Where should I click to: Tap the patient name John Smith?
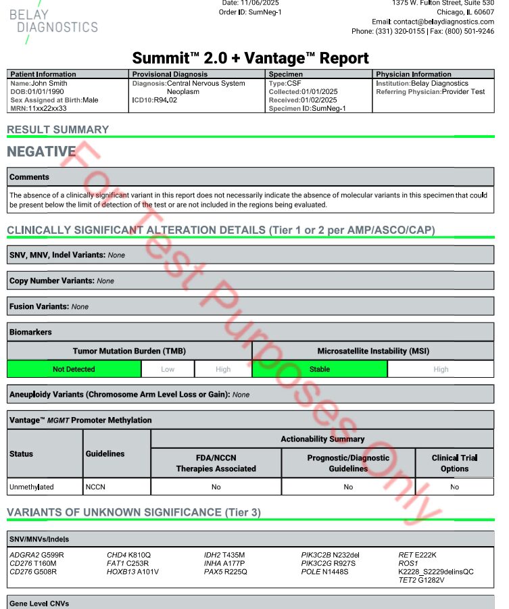tap(49, 83)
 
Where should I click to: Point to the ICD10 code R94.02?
tap(165, 100)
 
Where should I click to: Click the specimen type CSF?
tap(294, 83)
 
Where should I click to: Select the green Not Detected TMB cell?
tap(74, 369)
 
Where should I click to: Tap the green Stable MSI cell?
tap(320, 369)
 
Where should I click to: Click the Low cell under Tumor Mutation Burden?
tap(168, 369)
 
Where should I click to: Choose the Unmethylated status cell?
tap(32, 487)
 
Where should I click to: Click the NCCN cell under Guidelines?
tap(95, 487)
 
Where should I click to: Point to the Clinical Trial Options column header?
tap(454, 463)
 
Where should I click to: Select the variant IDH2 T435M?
tap(225, 555)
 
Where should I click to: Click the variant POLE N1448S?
tap(325, 572)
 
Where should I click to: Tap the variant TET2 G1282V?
tap(421, 580)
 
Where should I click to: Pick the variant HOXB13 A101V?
tap(132, 572)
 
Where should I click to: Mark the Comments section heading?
tap(29, 177)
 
